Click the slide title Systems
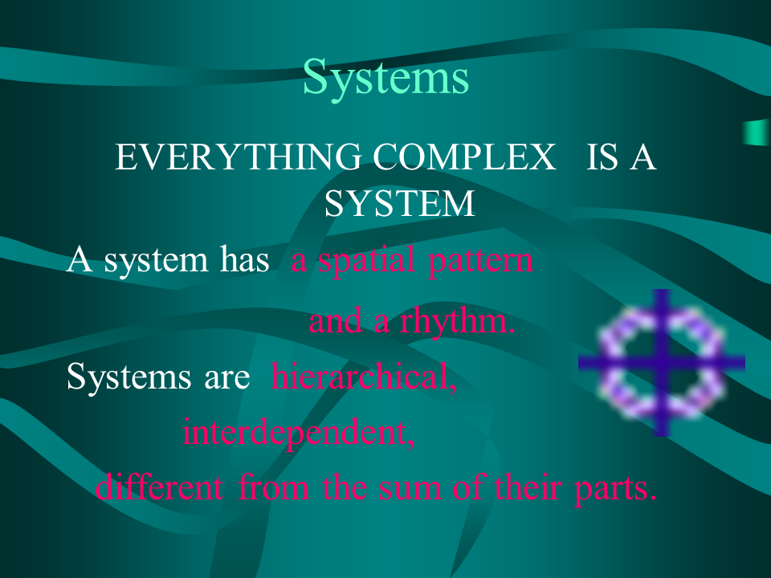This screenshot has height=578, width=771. [386, 78]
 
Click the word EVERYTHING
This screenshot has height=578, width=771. [238, 157]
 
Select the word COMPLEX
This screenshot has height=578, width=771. [465, 157]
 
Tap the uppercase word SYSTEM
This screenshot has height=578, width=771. [400, 203]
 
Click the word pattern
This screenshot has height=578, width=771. [480, 260]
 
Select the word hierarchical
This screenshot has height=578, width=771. [364, 377]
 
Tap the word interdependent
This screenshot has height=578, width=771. [299, 433]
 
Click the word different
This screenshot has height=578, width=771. [159, 487]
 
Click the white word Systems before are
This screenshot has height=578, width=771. [128, 377]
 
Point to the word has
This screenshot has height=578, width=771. [244, 258]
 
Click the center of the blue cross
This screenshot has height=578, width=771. [663, 363]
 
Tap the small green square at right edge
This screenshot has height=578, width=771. [757, 132]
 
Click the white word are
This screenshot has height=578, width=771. [227, 379]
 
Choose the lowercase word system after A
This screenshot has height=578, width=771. [156, 261]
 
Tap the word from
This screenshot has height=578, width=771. [273, 487]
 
